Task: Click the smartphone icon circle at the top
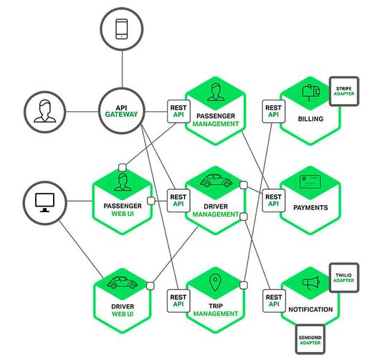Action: tap(121, 29)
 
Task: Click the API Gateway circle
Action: tap(121, 111)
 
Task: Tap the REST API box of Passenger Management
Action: tap(178, 110)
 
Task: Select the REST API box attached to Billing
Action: tap(273, 110)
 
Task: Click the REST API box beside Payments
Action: tap(273, 199)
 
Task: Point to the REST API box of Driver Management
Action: tap(178, 199)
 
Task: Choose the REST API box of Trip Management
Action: tap(178, 299)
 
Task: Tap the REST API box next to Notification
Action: tap(273, 299)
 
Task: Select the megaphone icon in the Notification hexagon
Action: tap(310, 284)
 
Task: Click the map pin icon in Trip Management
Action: tap(215, 283)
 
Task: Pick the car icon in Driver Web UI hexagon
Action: tap(122, 284)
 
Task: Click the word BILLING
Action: tap(310, 120)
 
